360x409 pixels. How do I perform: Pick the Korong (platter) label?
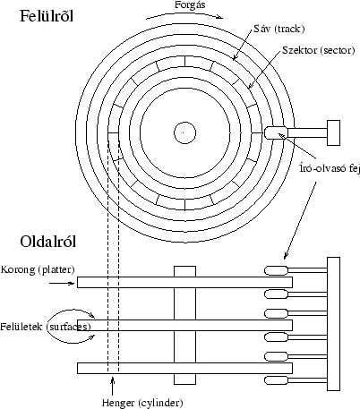[38, 269]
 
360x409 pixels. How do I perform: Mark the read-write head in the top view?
[273, 132]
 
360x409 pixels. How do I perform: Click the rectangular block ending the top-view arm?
[333, 132]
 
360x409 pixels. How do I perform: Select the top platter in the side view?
[184, 282]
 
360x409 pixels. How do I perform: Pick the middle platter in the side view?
[184, 325]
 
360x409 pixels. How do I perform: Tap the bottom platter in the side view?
[184, 367]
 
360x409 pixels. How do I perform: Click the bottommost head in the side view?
[274, 378]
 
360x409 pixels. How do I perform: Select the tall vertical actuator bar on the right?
[333, 322]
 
